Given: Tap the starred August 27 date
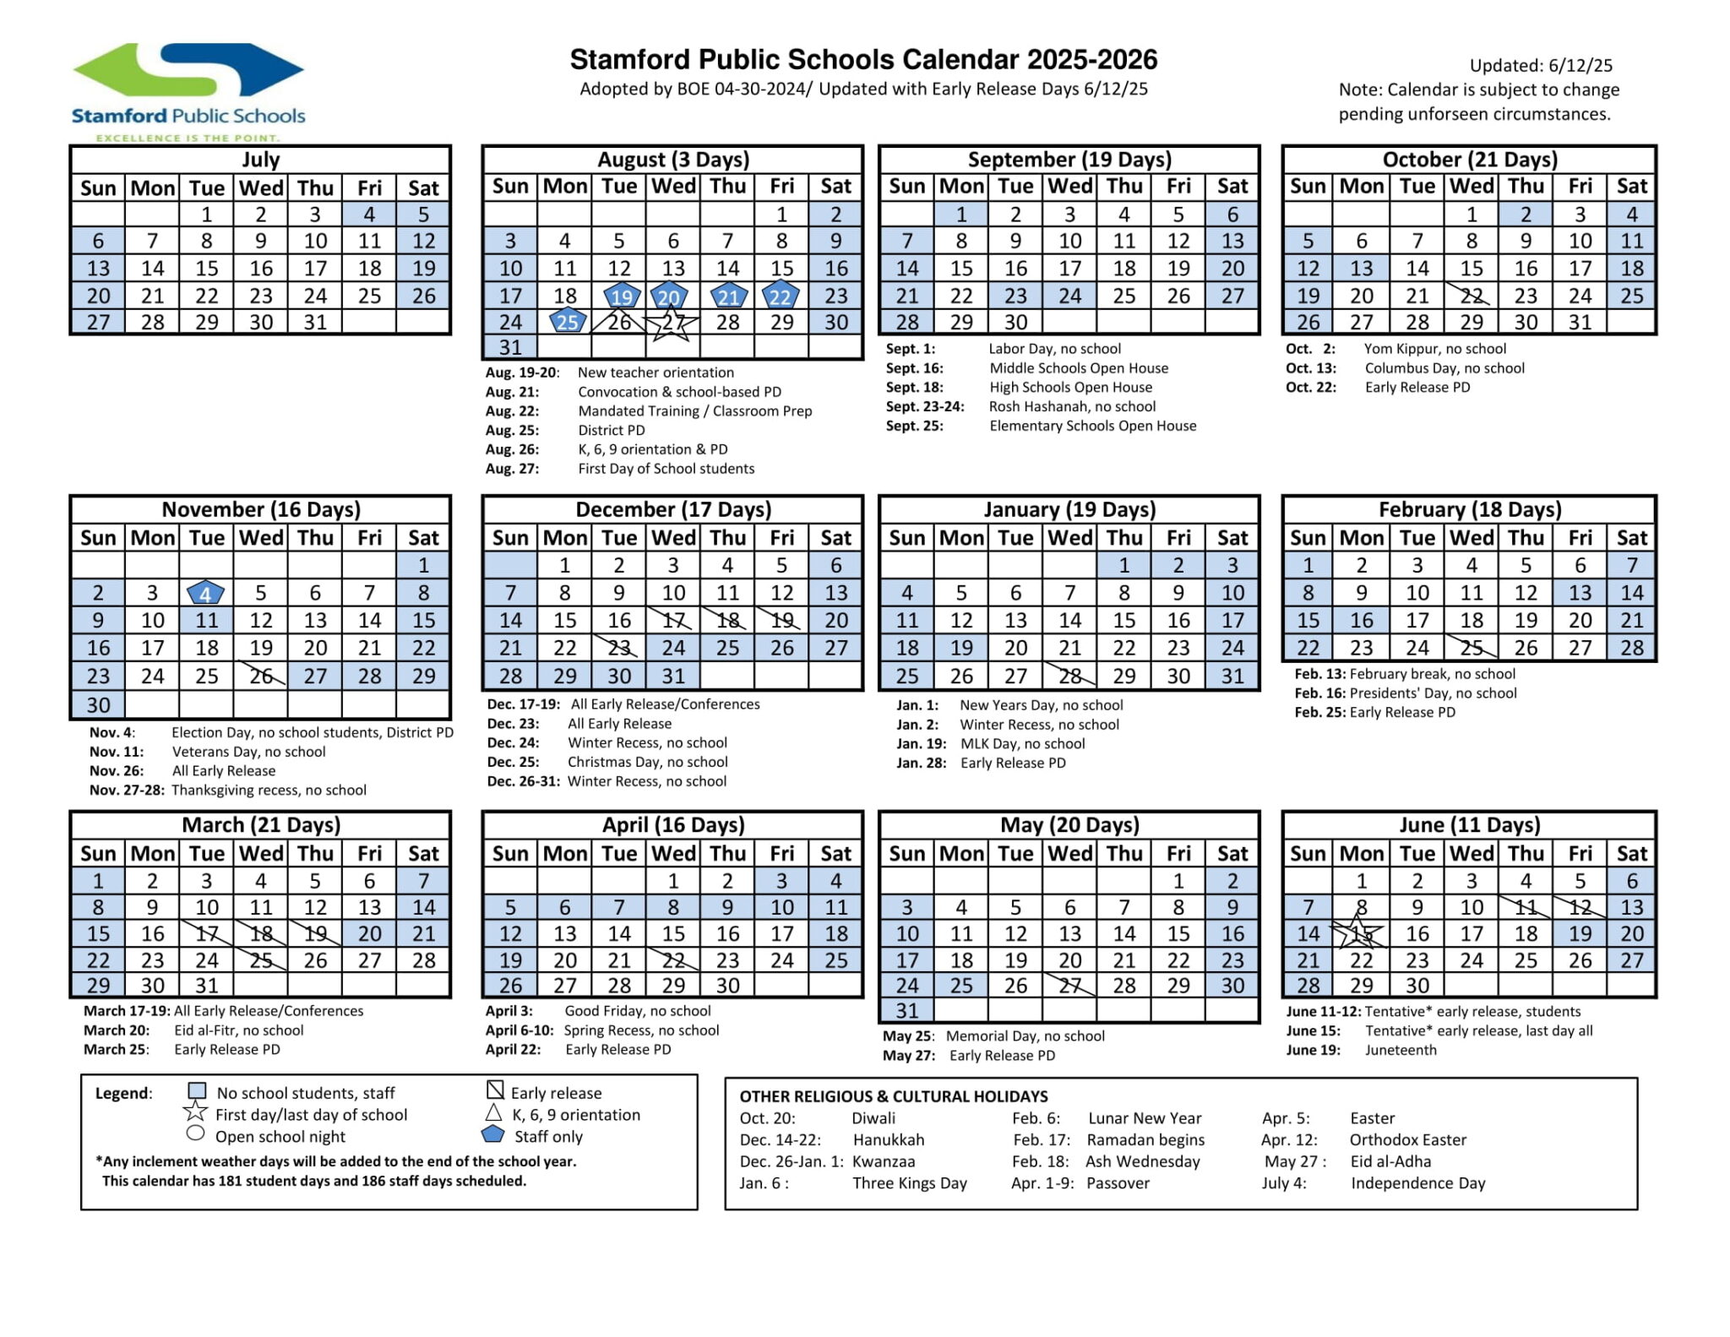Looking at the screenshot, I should click(x=672, y=323).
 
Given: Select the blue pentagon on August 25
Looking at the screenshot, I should click(x=568, y=322).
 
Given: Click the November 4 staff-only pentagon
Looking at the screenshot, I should click(x=206, y=593).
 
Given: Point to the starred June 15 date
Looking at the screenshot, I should click(x=1360, y=934).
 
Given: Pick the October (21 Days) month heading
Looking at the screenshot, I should click(x=1469, y=160).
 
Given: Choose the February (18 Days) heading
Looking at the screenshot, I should click(x=1469, y=509).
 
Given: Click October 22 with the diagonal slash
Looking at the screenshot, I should click(x=1472, y=296).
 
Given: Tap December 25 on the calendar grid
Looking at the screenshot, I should click(x=727, y=648).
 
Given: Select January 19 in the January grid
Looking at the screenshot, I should click(x=961, y=648).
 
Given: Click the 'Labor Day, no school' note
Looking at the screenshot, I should click(x=1054, y=349).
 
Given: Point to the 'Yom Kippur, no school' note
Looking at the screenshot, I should click(x=1434, y=349).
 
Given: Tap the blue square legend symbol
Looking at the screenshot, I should click(x=197, y=1092).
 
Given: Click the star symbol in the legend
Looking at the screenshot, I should click(x=195, y=1112).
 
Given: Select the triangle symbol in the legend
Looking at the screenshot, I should click(x=494, y=1113).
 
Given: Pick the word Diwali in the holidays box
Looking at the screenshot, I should click(x=873, y=1118).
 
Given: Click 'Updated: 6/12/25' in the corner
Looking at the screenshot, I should click(x=1541, y=66).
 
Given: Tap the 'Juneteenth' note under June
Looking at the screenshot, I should click(x=1401, y=1050).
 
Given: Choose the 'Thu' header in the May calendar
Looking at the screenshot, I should click(x=1123, y=854).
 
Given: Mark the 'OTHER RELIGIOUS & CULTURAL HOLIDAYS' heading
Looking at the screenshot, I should click(x=893, y=1096).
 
